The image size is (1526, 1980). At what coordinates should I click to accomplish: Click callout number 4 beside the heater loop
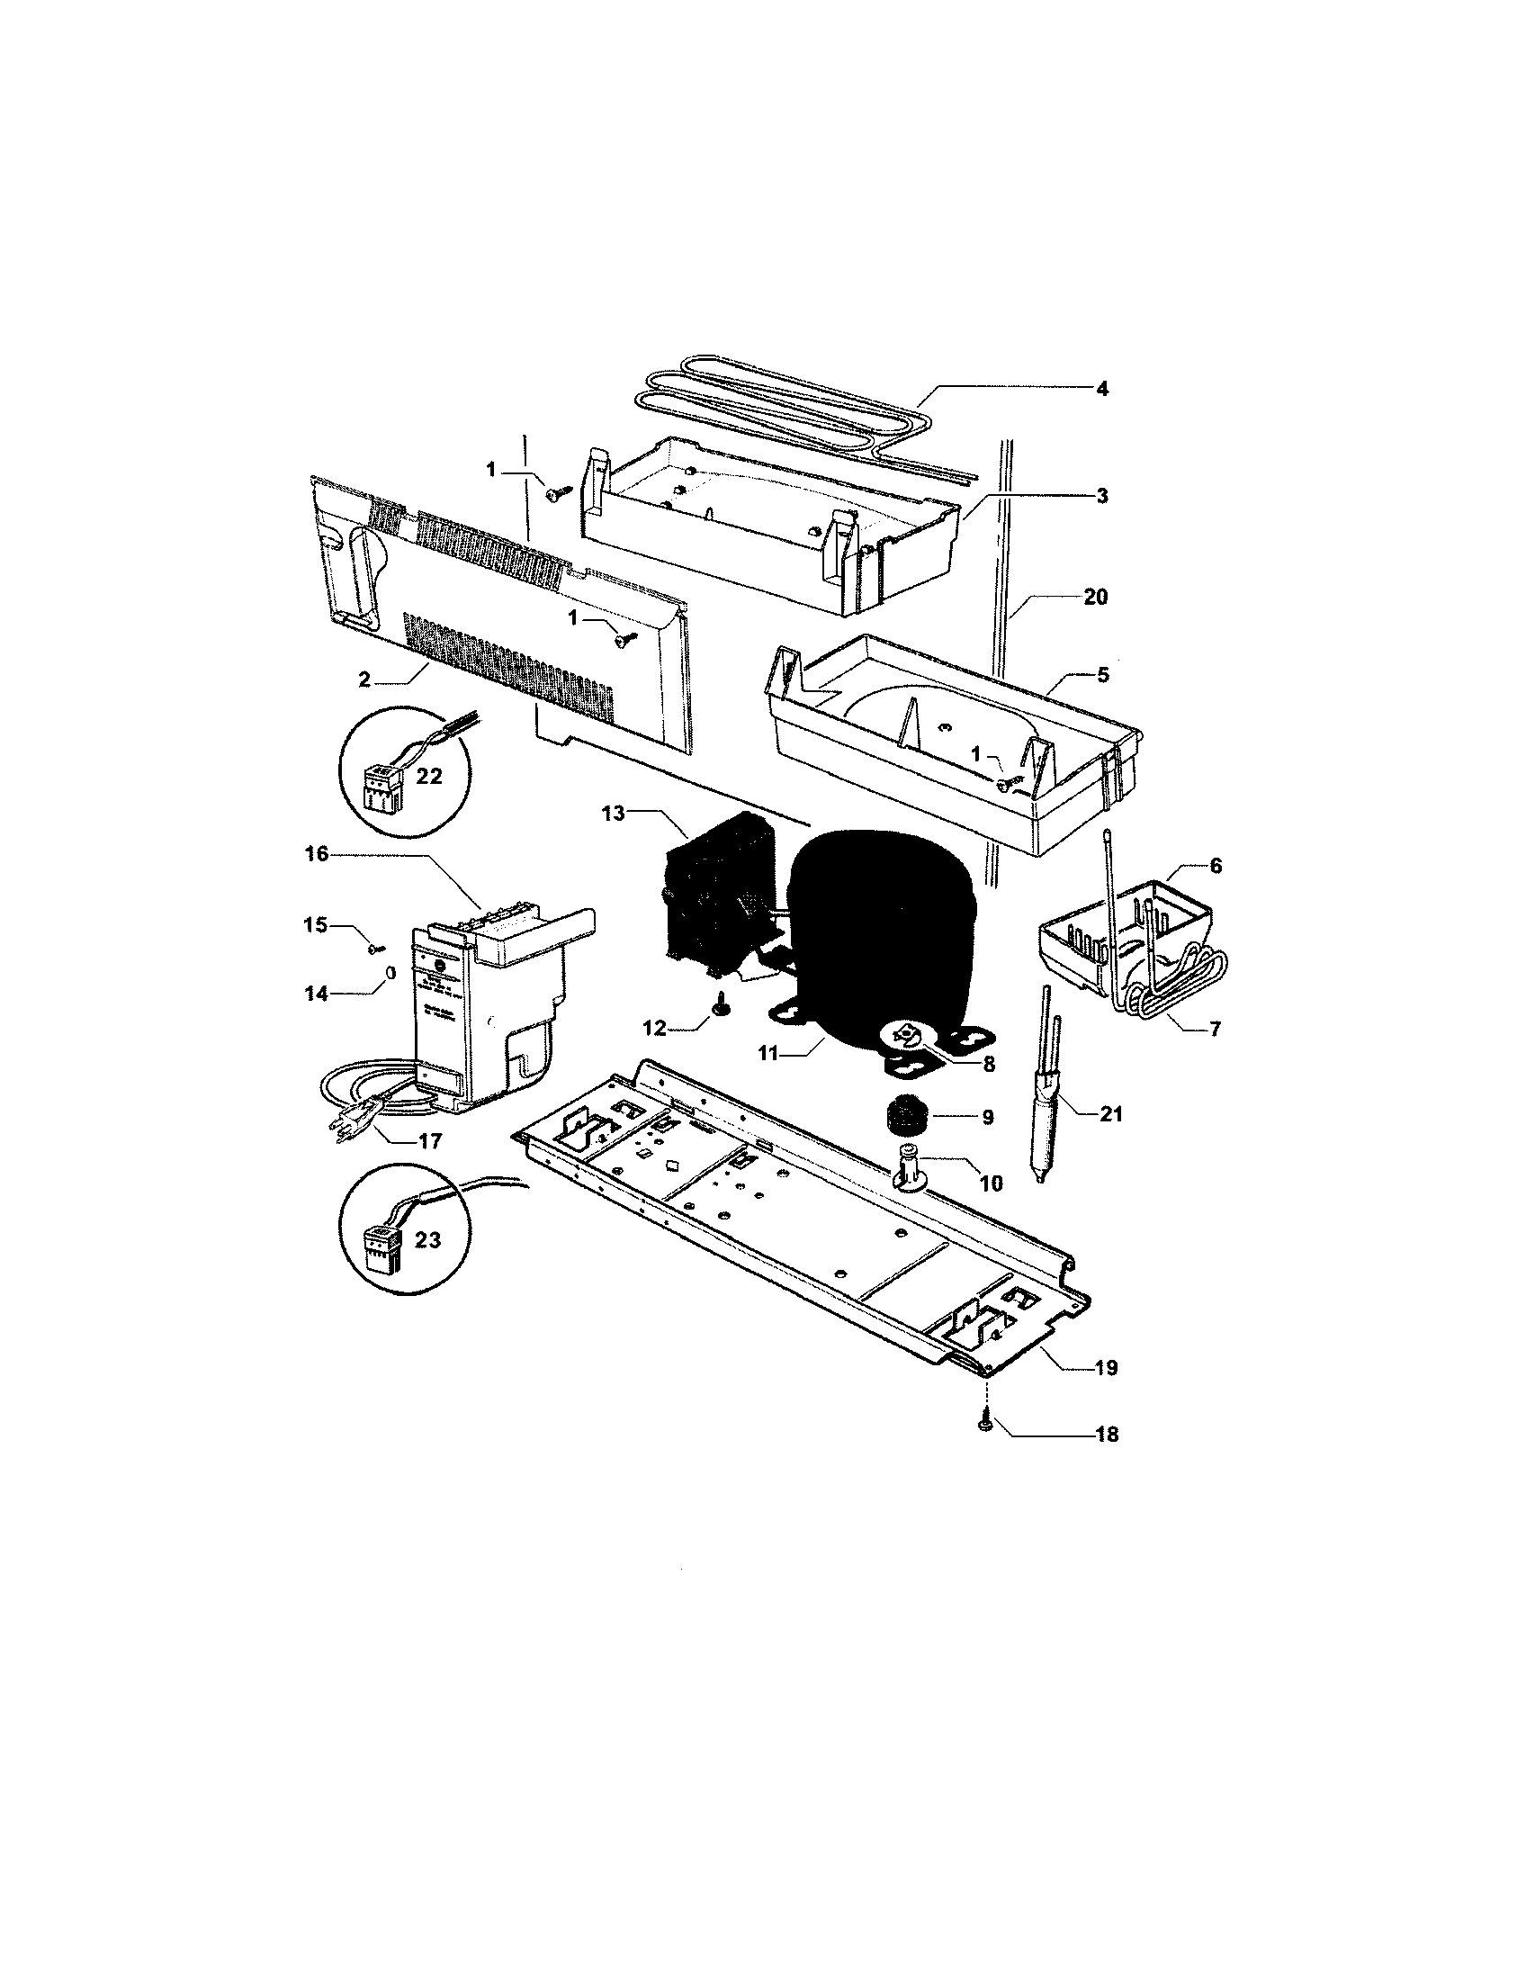(1101, 389)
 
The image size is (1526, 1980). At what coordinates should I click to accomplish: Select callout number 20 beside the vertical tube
(1095, 598)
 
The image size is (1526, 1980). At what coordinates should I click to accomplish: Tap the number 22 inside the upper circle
(428, 776)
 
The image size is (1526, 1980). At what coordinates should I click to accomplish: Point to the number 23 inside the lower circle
(426, 1238)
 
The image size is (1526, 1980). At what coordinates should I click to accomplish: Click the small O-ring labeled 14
(391, 973)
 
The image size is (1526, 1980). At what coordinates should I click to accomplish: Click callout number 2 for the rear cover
(364, 679)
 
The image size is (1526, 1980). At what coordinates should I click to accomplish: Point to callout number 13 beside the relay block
(614, 814)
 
